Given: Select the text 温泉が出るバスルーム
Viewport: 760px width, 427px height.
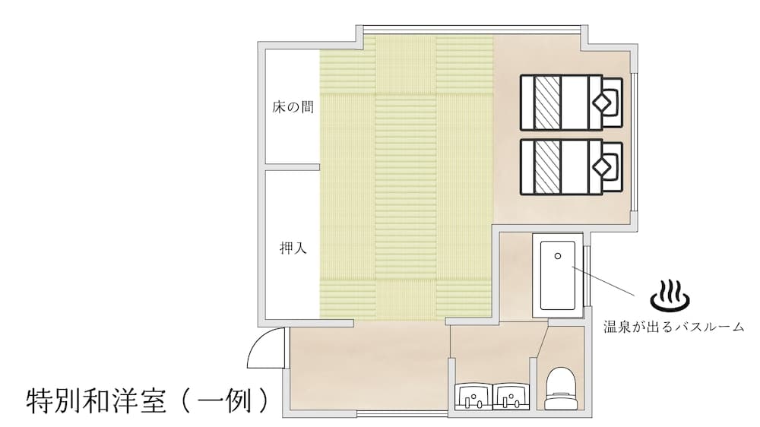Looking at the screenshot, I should pos(673,328).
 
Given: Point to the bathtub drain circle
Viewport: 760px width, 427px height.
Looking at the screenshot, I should pos(557,257).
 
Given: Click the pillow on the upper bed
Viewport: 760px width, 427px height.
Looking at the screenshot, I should pos(608,101).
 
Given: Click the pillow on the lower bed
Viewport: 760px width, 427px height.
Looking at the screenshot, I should pos(608,166).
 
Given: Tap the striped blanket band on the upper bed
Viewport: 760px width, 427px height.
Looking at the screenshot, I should pos(546,102).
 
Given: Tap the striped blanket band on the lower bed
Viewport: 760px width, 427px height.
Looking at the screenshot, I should pos(546,166).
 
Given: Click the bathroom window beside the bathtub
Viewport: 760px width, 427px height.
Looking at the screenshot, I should pos(587,274).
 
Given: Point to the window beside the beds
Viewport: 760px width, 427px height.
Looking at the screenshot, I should pos(635,137).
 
